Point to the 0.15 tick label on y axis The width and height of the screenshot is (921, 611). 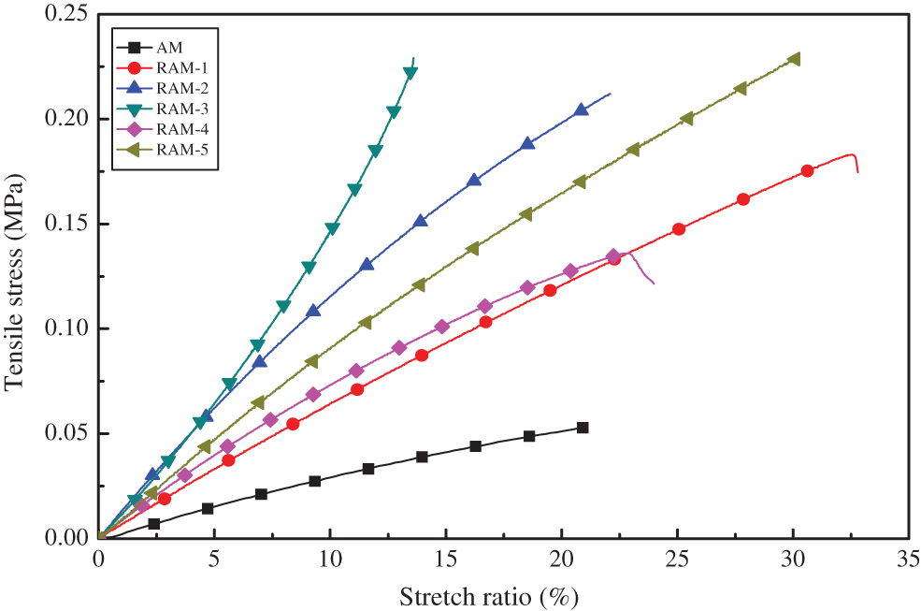click(65, 224)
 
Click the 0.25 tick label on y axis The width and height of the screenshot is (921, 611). click(65, 14)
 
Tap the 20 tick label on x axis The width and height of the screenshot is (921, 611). click(561, 560)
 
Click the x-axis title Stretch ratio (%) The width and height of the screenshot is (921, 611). click(495, 595)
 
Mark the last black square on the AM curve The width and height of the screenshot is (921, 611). click(583, 428)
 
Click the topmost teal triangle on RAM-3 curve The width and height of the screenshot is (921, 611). click(410, 73)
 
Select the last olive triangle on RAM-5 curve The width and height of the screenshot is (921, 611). click(795, 59)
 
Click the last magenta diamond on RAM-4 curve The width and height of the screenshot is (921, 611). click(613, 256)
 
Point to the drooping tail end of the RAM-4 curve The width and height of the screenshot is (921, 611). click(654, 283)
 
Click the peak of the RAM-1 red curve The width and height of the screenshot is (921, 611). click(851, 154)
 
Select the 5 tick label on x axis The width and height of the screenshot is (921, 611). click(215, 560)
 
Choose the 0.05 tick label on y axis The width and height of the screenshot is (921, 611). click(65, 433)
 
